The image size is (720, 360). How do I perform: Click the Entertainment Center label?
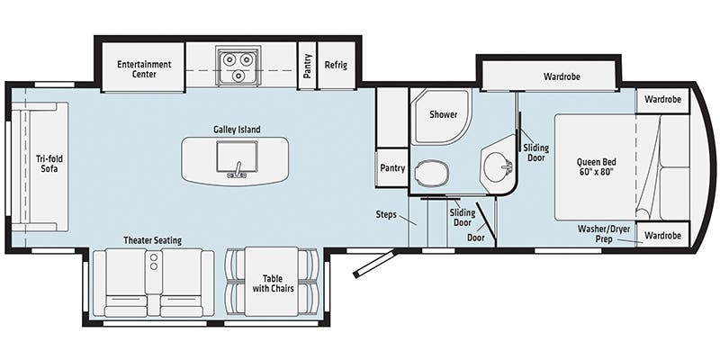tap(143, 69)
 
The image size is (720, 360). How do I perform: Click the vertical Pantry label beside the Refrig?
tap(308, 67)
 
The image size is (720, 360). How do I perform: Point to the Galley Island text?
tap(237, 130)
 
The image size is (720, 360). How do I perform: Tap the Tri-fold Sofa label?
tap(48, 163)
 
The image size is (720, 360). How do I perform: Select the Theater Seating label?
tap(153, 240)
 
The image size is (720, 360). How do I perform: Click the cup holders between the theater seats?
tap(153, 262)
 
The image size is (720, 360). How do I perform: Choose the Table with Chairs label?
tap(272, 283)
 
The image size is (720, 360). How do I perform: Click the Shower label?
tap(443, 115)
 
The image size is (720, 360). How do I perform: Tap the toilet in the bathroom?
tap(432, 170)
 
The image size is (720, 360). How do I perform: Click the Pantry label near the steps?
tap(392, 167)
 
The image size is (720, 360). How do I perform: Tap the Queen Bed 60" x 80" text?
tap(595, 168)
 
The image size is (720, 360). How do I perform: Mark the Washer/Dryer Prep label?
tap(604, 234)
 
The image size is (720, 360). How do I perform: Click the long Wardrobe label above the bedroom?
tap(562, 76)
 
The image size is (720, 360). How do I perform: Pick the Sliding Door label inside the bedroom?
tap(535, 151)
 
